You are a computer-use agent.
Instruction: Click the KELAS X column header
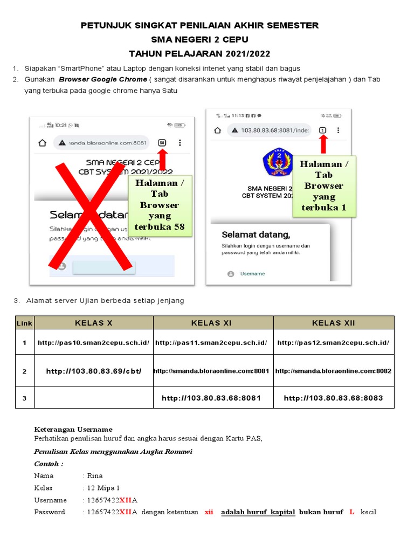click(x=94, y=323)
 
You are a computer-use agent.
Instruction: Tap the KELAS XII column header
click(x=334, y=323)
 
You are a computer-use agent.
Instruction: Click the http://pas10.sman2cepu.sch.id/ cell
click(x=93, y=343)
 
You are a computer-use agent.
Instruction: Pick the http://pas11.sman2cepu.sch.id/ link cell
click(x=211, y=343)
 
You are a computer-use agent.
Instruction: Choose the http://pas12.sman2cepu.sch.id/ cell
click(x=333, y=343)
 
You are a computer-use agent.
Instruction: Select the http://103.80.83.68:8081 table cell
click(x=211, y=398)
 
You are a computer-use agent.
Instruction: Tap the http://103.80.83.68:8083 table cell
click(x=333, y=398)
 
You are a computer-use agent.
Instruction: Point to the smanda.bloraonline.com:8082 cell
click(x=333, y=371)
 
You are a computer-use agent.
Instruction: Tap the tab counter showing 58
click(x=162, y=143)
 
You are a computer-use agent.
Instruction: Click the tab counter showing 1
click(x=322, y=130)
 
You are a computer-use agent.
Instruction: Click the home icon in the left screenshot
click(x=42, y=143)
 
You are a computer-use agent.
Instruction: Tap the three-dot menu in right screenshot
click(x=338, y=130)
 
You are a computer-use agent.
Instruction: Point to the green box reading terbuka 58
click(x=160, y=205)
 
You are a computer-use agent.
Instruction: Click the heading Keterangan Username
click(x=73, y=429)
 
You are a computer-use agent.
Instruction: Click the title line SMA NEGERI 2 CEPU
click(x=199, y=39)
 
